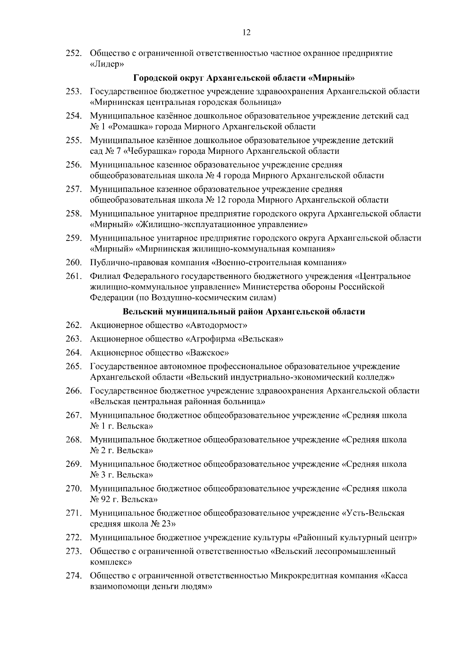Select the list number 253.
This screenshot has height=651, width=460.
point(74,92)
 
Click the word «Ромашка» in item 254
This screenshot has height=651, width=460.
point(125,127)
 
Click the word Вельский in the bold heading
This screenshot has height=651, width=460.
point(140,311)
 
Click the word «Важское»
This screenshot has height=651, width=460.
point(207,353)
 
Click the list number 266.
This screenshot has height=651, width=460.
point(74,391)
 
